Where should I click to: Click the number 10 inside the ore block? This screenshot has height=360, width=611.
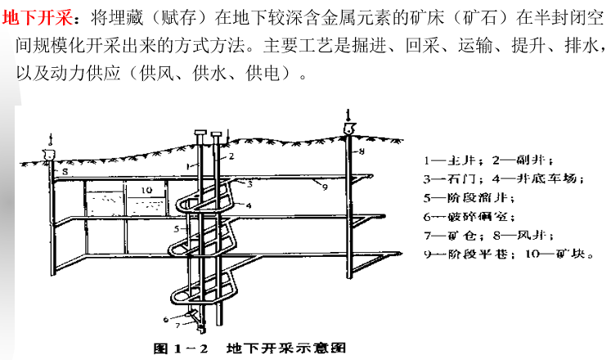click(x=145, y=190)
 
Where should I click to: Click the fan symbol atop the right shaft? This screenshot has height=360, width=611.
click(x=348, y=128)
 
